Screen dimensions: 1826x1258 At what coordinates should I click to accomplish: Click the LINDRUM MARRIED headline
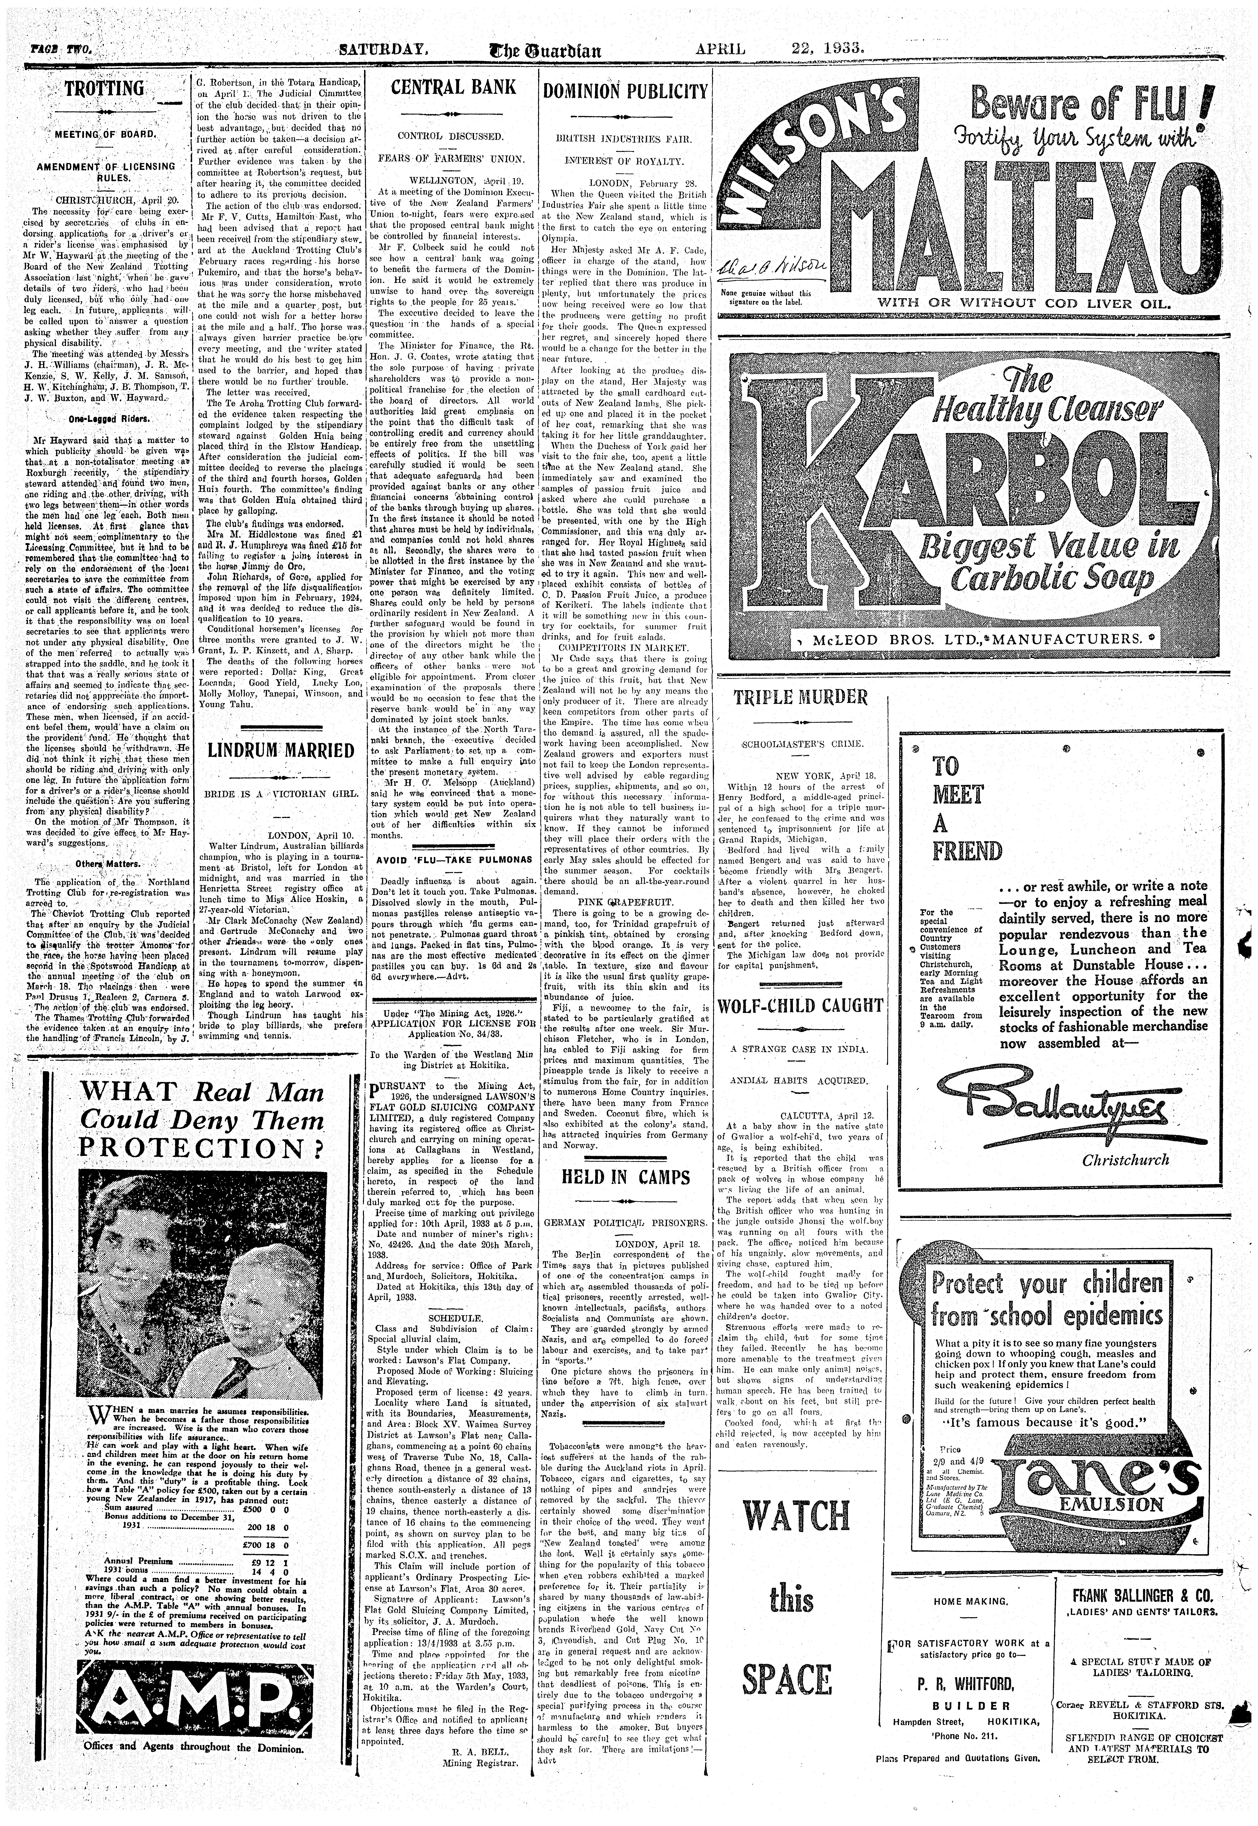281,750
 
